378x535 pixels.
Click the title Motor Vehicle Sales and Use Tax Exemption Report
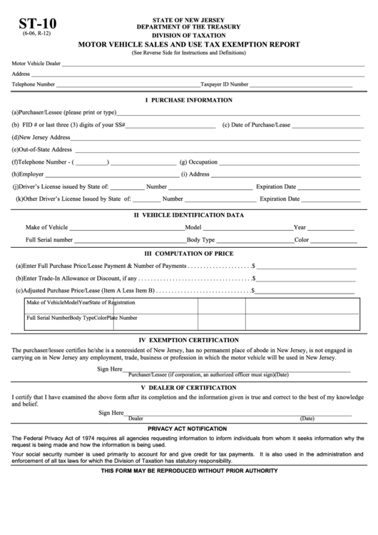188,45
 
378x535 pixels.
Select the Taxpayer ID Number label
224,84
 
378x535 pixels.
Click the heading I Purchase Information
188,100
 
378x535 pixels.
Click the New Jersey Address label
41,137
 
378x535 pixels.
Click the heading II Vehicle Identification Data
189,215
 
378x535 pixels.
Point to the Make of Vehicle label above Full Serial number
47,227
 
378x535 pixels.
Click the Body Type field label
200,240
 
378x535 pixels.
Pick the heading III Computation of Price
189,253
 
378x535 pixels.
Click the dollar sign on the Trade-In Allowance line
253,279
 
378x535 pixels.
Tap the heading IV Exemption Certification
188,340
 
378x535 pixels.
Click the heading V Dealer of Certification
188,387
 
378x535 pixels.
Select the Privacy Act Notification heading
188,427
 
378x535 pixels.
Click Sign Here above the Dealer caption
111,413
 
